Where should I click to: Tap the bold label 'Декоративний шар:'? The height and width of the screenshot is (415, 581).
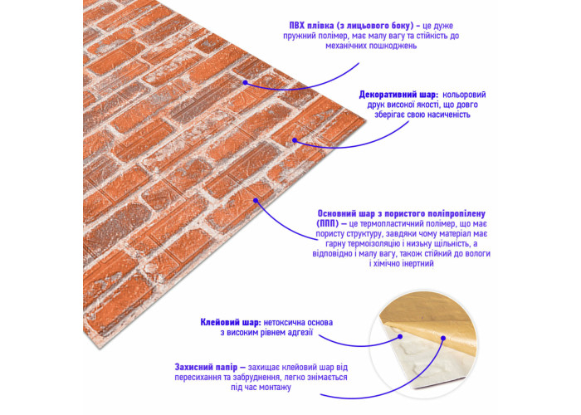tap(398, 95)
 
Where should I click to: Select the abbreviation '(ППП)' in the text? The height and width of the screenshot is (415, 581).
tap(328, 224)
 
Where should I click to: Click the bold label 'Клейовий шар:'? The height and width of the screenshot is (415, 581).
tap(231, 322)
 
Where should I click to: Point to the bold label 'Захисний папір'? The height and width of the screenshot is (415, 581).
tap(206, 368)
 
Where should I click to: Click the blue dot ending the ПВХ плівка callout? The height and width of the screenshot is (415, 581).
tap(245, 82)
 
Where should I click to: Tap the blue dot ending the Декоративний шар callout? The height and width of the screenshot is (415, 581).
tap(295, 140)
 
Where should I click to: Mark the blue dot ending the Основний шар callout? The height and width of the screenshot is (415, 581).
tap(256, 201)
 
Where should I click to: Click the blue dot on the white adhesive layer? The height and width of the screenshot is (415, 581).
tap(400, 337)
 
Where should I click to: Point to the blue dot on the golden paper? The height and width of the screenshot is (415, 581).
tap(442, 338)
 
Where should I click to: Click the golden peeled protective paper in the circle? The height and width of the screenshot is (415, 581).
tap(433, 319)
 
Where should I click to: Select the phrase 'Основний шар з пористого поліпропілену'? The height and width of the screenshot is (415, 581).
tap(401, 214)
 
